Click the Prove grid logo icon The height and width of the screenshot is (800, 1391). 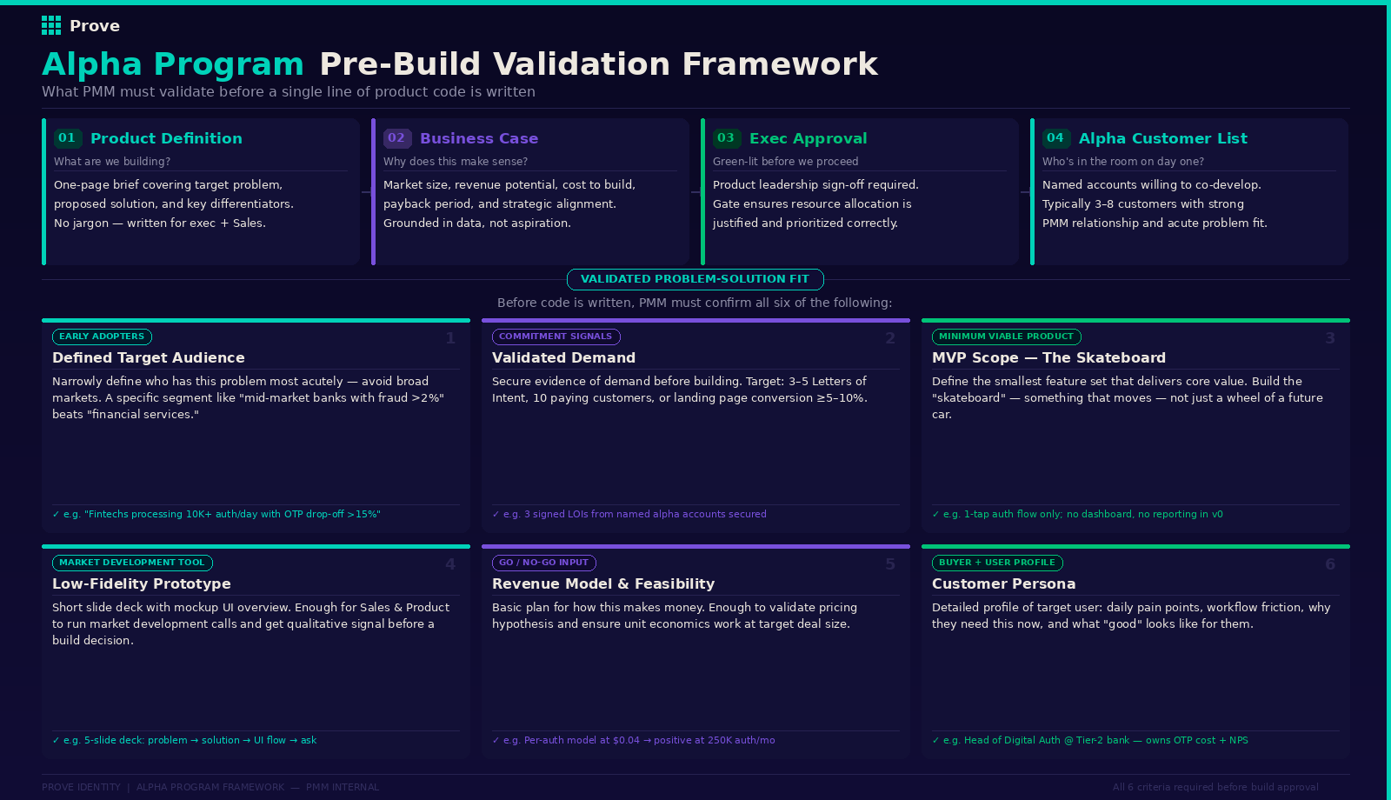[51, 25]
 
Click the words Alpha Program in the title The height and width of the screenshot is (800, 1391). [173, 64]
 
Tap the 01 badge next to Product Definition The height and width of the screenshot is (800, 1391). [67, 138]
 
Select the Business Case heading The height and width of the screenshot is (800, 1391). [478, 138]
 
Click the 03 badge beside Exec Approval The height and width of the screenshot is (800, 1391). [726, 138]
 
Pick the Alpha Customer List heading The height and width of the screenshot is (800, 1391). [1162, 138]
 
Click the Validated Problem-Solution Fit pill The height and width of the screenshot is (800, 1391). [695, 279]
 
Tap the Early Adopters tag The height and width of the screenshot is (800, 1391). [102, 337]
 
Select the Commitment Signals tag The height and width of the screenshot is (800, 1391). [556, 337]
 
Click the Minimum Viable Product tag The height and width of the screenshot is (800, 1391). [1006, 337]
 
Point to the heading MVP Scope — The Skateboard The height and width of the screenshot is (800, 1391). [1048, 357]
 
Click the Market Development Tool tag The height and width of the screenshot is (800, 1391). [132, 563]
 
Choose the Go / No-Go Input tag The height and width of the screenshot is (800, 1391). [543, 563]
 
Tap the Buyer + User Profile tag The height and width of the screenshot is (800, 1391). [996, 563]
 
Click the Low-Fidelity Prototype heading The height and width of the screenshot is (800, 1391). [142, 583]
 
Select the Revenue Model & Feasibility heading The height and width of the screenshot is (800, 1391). [603, 583]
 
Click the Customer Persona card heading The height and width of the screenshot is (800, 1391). [1003, 583]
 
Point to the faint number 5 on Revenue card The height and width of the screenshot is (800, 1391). [890, 564]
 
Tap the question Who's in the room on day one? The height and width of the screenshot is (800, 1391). [1122, 162]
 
